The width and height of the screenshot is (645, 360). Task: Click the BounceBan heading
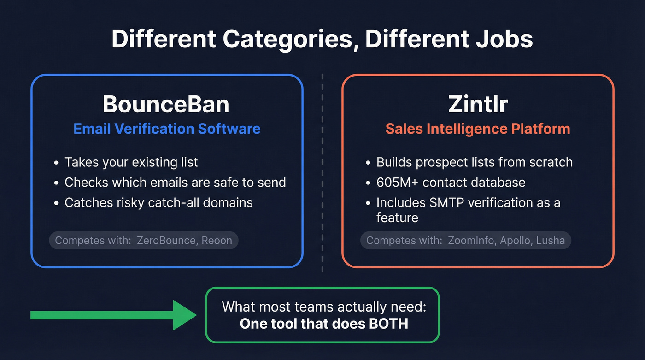(x=166, y=105)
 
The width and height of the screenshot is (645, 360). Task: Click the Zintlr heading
(x=478, y=105)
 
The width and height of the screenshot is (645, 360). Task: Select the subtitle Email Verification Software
(x=167, y=129)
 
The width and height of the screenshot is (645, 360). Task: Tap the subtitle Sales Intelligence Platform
(x=478, y=129)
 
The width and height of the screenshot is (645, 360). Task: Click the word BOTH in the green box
(x=388, y=324)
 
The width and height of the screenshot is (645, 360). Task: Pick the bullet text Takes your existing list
(x=131, y=162)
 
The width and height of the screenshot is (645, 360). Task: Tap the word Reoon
(x=217, y=241)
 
